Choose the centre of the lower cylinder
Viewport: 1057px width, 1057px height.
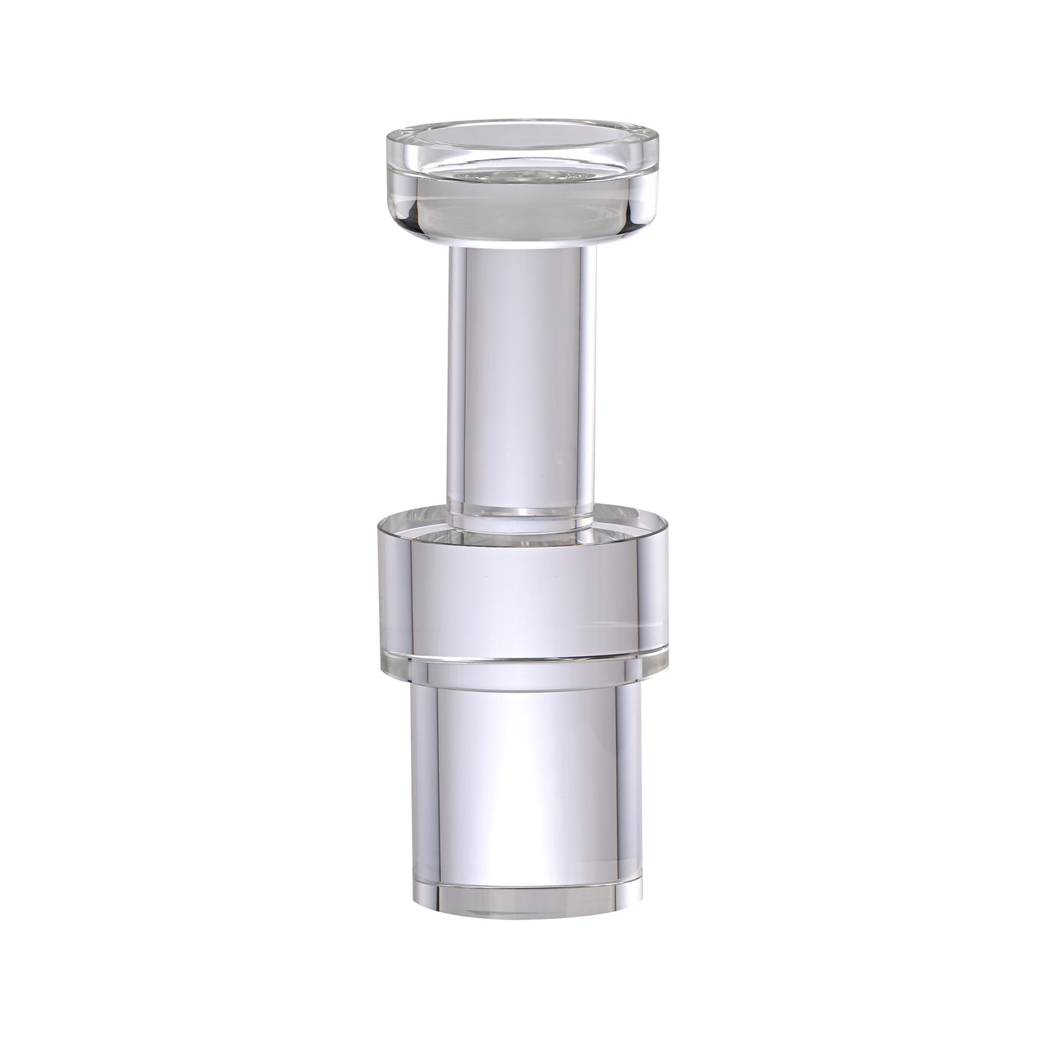click(524, 783)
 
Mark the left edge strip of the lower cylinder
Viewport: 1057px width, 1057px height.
click(418, 783)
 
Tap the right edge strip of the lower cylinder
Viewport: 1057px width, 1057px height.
click(631, 783)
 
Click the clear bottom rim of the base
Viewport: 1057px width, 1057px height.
click(524, 904)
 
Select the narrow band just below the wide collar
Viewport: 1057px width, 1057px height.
click(524, 670)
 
